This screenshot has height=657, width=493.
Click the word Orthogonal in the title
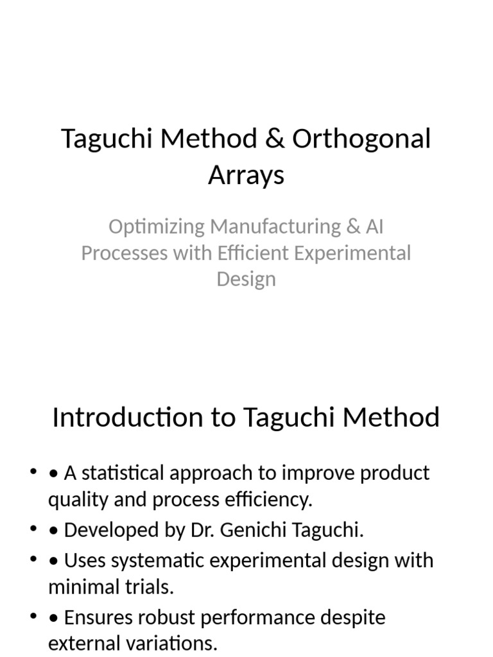tap(361, 140)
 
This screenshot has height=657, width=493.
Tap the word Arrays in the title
tap(246, 175)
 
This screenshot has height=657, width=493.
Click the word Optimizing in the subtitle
tap(157, 226)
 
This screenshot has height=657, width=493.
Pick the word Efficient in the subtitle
tap(254, 253)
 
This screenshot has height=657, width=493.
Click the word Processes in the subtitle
tap(123, 253)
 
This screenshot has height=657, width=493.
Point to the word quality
tap(73, 500)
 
